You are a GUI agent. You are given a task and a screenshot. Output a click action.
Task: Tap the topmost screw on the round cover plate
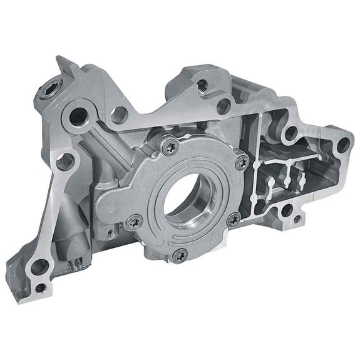pos(170,147)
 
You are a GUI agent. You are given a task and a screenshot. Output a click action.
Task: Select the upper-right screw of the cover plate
pos(242,162)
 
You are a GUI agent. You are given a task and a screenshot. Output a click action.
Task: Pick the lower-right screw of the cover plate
pos(234,219)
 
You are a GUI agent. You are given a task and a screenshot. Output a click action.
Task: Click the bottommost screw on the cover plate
pos(180,254)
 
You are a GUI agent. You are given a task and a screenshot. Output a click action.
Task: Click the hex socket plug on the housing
pos(49,90)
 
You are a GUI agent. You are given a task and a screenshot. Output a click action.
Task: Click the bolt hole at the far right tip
pos(342,146)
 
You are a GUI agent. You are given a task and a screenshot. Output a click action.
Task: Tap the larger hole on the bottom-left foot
pos(39,265)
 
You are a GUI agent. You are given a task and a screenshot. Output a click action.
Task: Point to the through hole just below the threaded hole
pos(224,106)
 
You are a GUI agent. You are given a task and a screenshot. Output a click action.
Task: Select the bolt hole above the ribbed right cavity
pos(291,132)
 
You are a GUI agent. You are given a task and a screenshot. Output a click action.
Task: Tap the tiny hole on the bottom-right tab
pos(296,220)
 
